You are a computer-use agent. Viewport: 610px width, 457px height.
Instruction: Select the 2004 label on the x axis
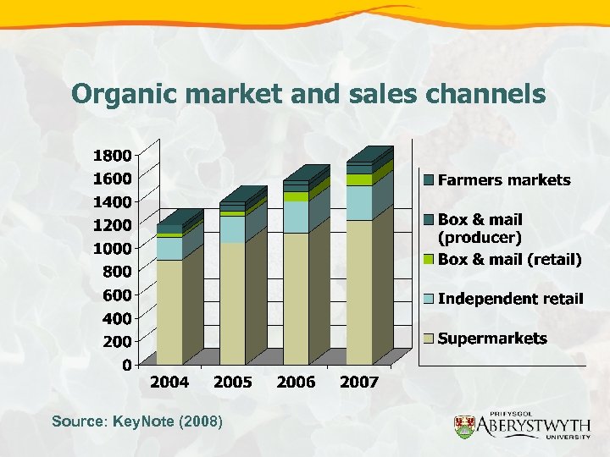(169, 383)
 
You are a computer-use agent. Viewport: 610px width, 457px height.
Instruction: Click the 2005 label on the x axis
(233, 383)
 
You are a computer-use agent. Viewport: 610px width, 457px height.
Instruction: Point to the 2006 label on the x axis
(296, 383)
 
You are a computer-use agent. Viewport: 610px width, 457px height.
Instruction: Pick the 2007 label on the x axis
(359, 383)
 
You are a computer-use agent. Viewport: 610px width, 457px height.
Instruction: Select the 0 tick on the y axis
(126, 366)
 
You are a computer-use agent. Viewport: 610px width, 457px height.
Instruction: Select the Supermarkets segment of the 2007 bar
(359, 292)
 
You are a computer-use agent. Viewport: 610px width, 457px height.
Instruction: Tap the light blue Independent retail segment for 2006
(296, 217)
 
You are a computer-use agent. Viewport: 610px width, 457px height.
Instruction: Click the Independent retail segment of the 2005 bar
(233, 229)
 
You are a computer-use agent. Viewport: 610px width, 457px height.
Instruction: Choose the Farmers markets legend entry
(504, 180)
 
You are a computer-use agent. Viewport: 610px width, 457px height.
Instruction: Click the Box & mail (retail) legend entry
(509, 260)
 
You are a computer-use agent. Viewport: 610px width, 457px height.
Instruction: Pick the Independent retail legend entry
(511, 299)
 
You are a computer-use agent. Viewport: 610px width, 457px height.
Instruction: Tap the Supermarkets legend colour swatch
(429, 339)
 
